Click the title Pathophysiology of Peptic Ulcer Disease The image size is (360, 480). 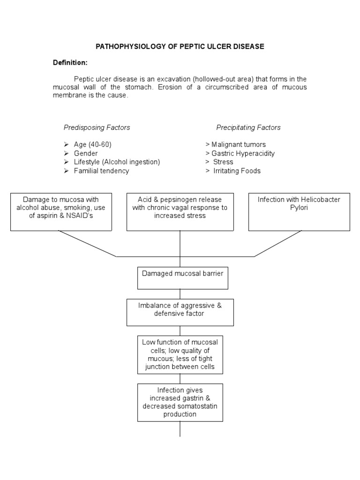[180, 46]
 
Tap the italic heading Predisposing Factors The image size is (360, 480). [97, 127]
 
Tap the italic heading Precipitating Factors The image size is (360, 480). [248, 127]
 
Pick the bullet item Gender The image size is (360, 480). [86, 153]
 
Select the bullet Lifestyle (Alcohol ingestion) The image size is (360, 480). [117, 162]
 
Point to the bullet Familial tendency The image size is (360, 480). [101, 171]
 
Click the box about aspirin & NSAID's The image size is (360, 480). [61, 211]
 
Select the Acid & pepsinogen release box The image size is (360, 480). [180, 211]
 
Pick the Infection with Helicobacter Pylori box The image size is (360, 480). [299, 211]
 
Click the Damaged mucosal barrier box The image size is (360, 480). [183, 278]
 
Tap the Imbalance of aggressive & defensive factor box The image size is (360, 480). [180, 313]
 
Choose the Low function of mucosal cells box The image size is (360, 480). [180, 354]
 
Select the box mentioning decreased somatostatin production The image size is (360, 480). [180, 402]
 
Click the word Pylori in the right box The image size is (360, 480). [299, 208]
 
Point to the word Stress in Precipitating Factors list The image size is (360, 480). [223, 162]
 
